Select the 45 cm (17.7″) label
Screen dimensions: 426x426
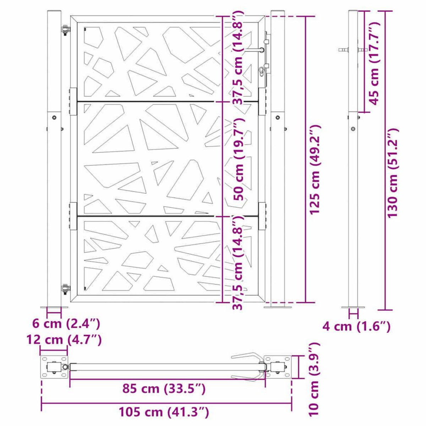click(x=374, y=62)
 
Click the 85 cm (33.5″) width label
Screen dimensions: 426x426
click(x=164, y=389)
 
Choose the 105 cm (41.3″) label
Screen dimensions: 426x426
click(x=164, y=413)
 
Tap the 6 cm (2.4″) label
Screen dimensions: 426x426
click(x=66, y=324)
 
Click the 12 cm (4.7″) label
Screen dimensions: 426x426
click(x=64, y=340)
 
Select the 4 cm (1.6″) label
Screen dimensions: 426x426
click(x=357, y=326)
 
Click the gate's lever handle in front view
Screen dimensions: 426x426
click(x=257, y=50)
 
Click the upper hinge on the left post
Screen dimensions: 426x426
click(x=65, y=30)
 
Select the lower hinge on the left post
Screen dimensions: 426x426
click(x=65, y=289)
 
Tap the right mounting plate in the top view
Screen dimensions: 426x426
click(x=278, y=367)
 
